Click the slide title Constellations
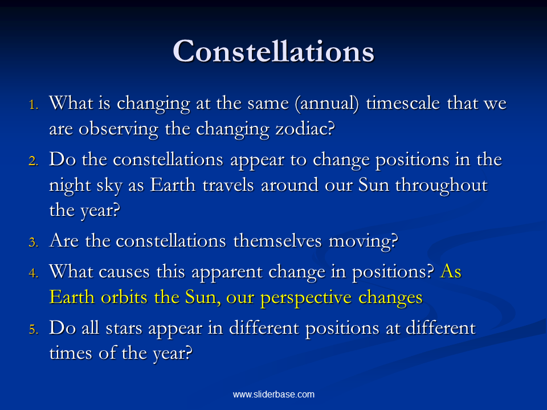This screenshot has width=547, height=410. (273, 51)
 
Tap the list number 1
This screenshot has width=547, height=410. (34, 105)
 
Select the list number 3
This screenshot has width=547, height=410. (34, 242)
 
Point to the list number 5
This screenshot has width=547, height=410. (34, 330)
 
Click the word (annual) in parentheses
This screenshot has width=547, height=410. (327, 104)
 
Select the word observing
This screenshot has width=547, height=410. (119, 129)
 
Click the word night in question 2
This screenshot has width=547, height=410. (70, 186)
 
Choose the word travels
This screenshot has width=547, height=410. (228, 184)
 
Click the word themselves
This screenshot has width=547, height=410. (277, 240)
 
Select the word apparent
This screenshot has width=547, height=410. (227, 272)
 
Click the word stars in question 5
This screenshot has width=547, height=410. (124, 329)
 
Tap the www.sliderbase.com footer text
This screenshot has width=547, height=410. (273, 394)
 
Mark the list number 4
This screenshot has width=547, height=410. (34, 273)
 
